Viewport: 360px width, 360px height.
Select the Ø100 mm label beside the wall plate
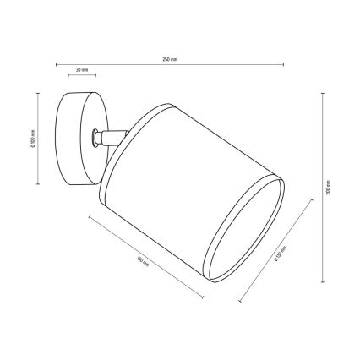pyautogui.click(x=32, y=138)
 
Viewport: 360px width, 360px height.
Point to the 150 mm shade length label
pyautogui.click(x=142, y=260)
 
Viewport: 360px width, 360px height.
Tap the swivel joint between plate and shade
pyautogui.click(x=100, y=136)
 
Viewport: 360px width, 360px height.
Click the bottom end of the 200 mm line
pyautogui.click(x=322, y=281)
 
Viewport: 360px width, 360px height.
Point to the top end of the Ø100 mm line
pyautogui.click(x=38, y=93)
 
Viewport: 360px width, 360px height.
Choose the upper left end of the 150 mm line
pyautogui.click(x=89, y=216)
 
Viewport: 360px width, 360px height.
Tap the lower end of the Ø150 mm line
pyautogui.click(x=240, y=300)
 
